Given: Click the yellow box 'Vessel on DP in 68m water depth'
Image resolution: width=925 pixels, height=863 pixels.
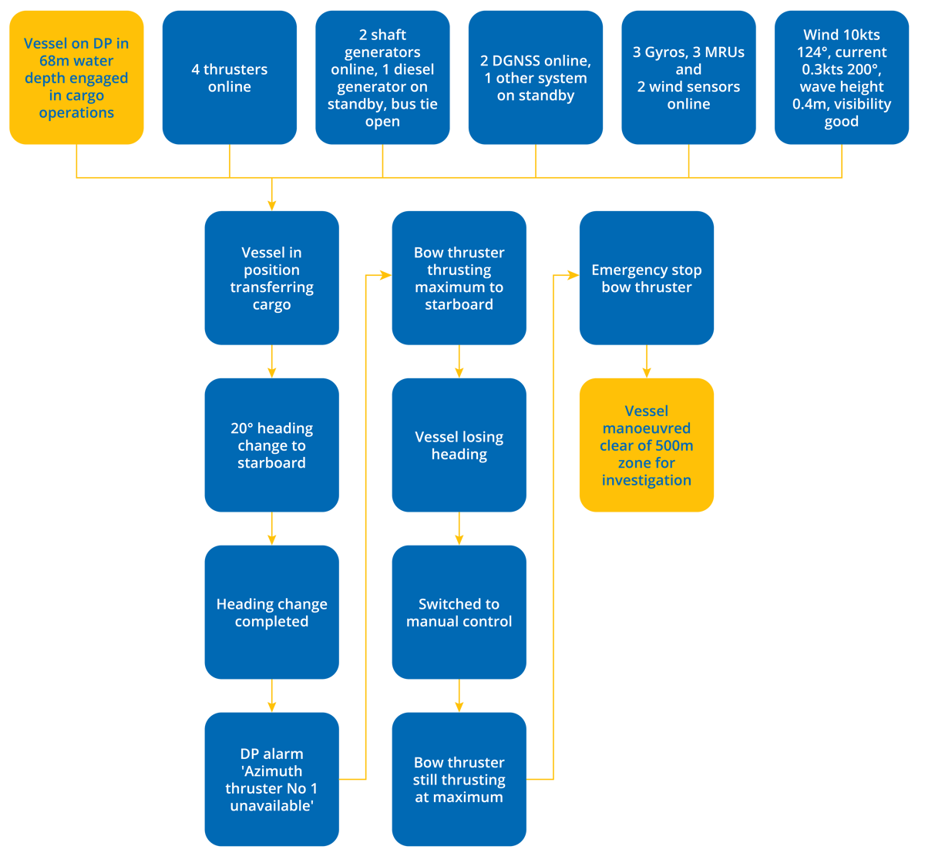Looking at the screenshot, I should pyautogui.click(x=76, y=78).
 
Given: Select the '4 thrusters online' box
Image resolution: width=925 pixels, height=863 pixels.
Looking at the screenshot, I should pyautogui.click(x=229, y=78).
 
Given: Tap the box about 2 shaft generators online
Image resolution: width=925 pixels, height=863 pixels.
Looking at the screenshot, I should pyautogui.click(x=382, y=78).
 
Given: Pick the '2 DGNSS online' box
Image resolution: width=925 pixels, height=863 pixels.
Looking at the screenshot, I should pyautogui.click(x=536, y=78).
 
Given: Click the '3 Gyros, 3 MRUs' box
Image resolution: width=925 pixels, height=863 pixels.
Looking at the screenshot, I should pyautogui.click(x=688, y=78).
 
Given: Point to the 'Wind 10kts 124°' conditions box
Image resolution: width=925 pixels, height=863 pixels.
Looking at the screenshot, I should pyautogui.click(x=841, y=78).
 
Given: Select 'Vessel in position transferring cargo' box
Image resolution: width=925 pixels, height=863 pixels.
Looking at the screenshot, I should pyautogui.click(x=271, y=278).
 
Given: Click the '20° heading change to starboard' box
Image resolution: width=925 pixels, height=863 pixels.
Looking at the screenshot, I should pyautogui.click(x=271, y=445).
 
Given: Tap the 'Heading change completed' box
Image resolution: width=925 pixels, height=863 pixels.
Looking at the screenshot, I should pyautogui.click(x=271, y=613).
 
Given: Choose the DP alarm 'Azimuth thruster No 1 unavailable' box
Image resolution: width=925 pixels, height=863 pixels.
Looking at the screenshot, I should pyautogui.click(x=271, y=779).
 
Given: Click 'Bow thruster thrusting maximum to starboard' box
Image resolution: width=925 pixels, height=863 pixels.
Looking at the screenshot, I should pyautogui.click(x=459, y=278).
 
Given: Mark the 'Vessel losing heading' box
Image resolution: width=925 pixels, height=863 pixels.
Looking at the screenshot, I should pyautogui.click(x=459, y=445).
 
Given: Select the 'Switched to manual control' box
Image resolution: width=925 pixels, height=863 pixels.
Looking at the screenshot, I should pyautogui.click(x=459, y=613).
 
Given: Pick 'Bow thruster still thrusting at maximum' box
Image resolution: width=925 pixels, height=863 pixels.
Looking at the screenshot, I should pyautogui.click(x=459, y=779).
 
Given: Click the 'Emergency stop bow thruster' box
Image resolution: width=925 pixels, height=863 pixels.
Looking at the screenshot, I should pyautogui.click(x=646, y=278).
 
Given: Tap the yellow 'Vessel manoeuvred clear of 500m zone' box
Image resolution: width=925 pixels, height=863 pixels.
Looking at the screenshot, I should pyautogui.click(x=646, y=445).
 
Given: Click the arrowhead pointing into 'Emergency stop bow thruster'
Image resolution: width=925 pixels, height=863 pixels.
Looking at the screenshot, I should pyautogui.click(x=572, y=274).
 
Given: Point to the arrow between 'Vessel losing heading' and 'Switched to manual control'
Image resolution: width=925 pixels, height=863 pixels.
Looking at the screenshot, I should pyautogui.click(x=459, y=529).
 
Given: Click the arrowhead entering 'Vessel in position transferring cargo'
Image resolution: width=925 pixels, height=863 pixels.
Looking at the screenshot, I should pyautogui.click(x=271, y=203).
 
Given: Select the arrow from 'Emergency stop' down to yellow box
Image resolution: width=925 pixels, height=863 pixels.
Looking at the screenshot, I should pyautogui.click(x=646, y=362).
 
